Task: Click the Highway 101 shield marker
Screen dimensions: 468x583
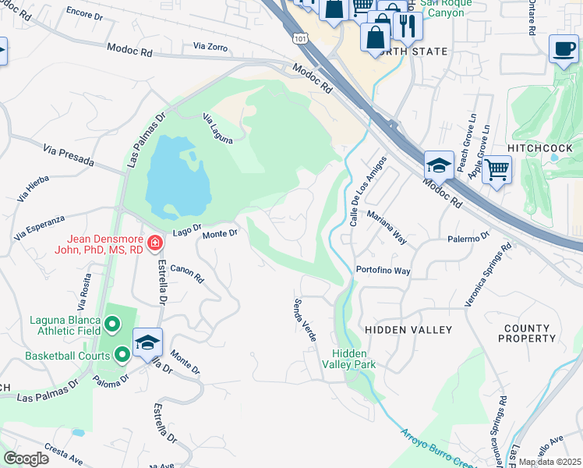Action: (299, 37)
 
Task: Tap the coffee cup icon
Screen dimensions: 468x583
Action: (562, 48)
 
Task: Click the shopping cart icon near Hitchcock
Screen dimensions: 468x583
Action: (496, 168)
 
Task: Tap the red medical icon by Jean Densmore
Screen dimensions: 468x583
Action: (155, 244)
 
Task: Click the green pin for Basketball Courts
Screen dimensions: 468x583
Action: (122, 356)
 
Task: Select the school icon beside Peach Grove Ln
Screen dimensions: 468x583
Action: (439, 165)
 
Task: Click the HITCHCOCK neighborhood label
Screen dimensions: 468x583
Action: (540, 147)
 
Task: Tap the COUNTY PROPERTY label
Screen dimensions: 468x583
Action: (529, 334)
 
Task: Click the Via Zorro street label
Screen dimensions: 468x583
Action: (207, 48)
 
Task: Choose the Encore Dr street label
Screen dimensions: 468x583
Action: (85, 12)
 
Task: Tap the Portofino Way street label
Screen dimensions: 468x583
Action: (383, 271)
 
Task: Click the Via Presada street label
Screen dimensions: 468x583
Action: (69, 156)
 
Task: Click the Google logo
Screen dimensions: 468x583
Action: (26, 458)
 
